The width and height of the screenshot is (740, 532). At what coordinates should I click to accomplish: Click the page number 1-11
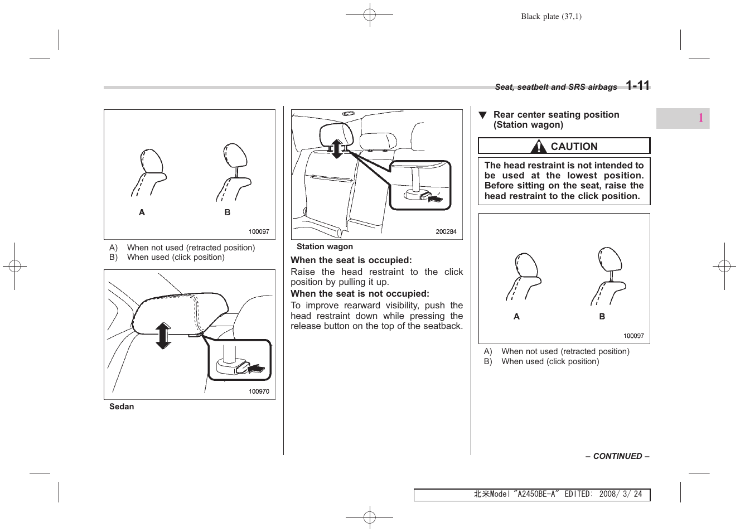point(637,86)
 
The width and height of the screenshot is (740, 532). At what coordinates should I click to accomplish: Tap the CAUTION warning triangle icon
point(539,147)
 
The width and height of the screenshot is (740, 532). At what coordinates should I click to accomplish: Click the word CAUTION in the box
point(574,147)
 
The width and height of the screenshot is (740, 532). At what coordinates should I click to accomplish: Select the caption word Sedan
point(122,407)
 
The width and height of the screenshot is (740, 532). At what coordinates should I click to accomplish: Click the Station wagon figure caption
point(325,246)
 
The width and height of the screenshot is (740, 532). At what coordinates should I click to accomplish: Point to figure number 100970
point(259,391)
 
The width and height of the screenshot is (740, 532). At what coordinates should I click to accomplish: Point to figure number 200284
point(446,231)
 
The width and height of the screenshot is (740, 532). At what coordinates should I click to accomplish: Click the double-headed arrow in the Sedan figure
point(163,335)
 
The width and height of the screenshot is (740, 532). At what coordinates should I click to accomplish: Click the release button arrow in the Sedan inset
point(255,368)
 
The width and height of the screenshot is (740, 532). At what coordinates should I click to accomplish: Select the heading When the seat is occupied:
point(351,260)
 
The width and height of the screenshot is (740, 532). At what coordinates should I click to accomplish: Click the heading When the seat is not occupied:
point(360,293)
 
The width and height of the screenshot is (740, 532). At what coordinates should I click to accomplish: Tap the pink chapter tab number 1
point(700,118)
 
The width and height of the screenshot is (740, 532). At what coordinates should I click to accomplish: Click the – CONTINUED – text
point(617,456)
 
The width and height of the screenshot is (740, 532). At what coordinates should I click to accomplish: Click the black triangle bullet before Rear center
point(483,115)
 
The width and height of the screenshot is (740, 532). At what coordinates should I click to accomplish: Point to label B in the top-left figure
point(227,212)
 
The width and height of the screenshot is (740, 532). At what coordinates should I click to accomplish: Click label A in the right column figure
point(516,316)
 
